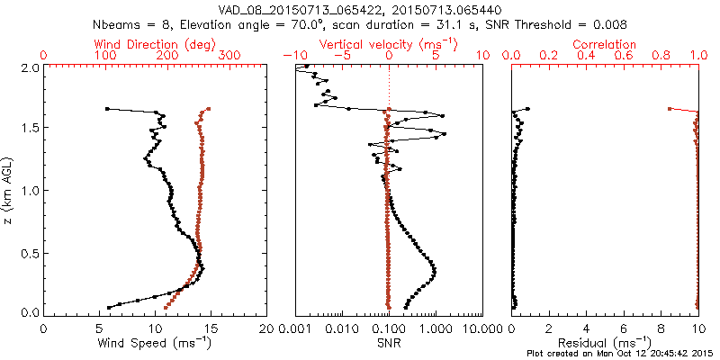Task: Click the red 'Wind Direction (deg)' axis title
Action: click(154, 44)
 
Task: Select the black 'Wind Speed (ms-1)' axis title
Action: click(154, 344)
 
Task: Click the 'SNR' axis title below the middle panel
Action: click(389, 343)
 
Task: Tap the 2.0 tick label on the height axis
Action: click(30, 67)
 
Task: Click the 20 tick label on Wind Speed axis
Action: click(266, 328)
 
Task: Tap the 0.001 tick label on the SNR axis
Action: click(295, 328)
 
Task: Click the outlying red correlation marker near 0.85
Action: click(670, 109)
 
